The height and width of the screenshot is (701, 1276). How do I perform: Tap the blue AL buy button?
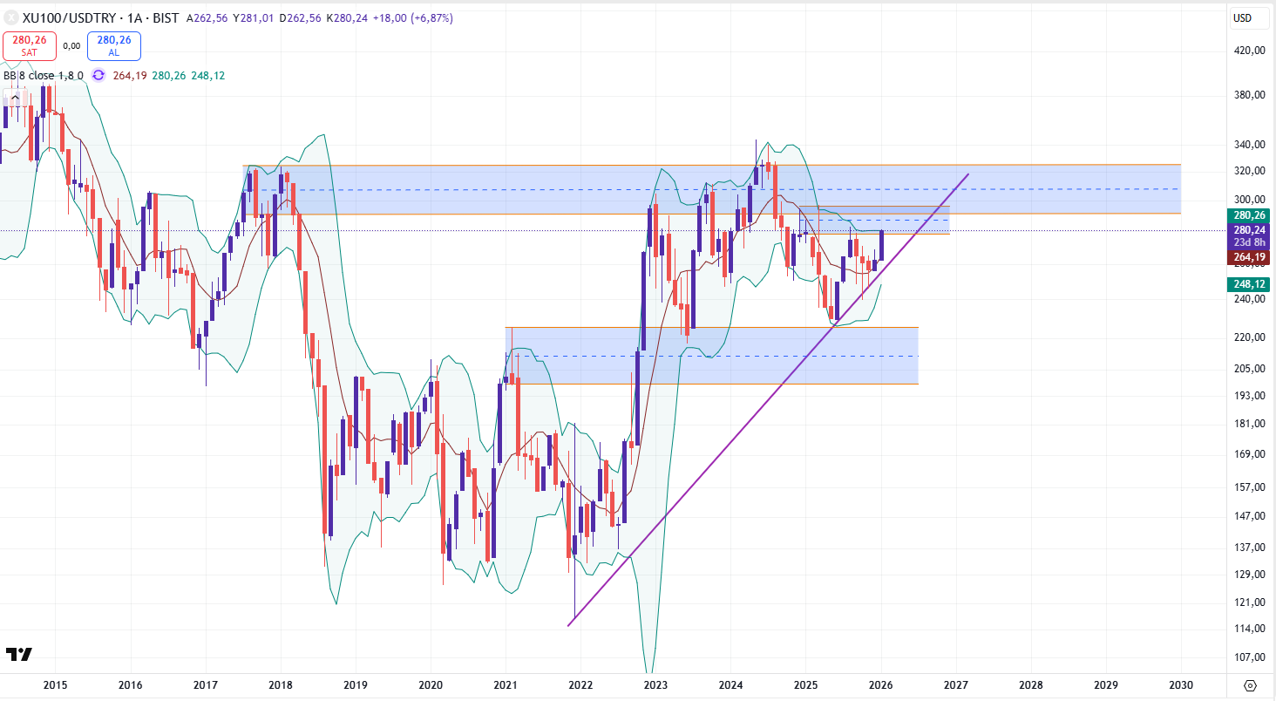pos(114,44)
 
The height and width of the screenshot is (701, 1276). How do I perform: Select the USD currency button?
pos(1242,18)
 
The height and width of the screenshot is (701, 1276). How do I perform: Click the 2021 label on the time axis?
pos(506,685)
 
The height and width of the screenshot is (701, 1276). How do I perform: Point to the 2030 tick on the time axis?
pos(1181,685)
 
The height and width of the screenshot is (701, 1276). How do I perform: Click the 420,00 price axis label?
pos(1250,51)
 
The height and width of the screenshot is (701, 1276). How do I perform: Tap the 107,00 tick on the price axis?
pos(1250,658)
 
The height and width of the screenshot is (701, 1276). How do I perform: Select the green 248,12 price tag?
pos(1250,284)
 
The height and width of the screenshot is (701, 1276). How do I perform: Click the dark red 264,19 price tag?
pos(1250,256)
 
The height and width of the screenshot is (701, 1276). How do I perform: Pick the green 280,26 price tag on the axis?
pos(1250,214)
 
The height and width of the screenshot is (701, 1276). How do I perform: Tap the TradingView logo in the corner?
pos(19,654)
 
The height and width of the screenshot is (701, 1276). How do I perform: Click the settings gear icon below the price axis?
pos(1250,685)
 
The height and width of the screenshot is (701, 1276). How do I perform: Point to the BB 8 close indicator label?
pos(44,76)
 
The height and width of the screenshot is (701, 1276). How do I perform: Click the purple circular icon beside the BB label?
pos(98,76)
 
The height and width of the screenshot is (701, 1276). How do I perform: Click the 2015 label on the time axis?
pos(55,685)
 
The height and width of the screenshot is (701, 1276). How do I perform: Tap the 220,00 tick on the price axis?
pos(1250,337)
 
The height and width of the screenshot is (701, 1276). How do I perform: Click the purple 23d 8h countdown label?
pos(1250,242)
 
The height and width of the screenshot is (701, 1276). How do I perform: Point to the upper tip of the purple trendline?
pos(968,174)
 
